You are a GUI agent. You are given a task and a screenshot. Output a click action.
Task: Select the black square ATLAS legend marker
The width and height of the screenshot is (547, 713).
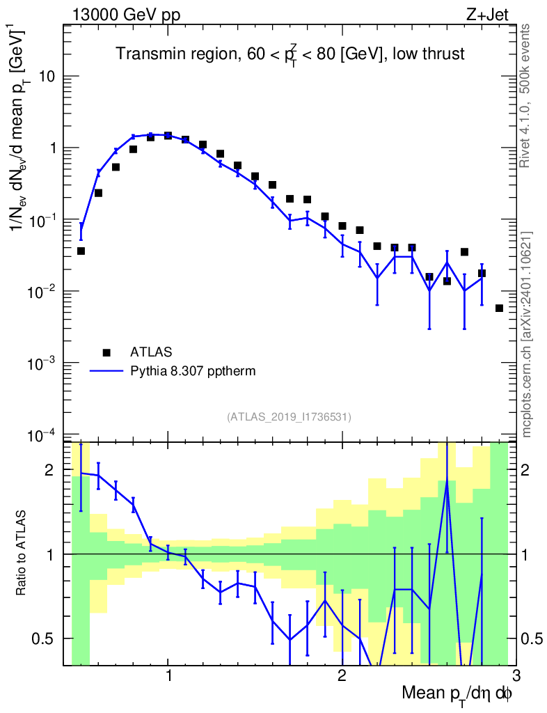click(x=106, y=352)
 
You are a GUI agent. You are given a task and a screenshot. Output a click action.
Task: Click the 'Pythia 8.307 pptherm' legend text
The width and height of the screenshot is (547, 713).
click(x=193, y=371)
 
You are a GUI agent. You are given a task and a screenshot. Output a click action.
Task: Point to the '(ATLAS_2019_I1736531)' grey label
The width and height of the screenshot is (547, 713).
click(x=289, y=417)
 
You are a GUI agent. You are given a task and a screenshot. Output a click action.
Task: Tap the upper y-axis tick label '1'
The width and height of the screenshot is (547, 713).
click(x=51, y=148)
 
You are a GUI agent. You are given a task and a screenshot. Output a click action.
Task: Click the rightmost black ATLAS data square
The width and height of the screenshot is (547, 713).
click(x=499, y=308)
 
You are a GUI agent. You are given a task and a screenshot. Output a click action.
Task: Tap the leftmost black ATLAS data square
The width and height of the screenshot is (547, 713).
click(x=81, y=251)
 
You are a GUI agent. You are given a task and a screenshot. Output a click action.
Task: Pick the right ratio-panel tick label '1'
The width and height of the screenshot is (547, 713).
click(x=528, y=554)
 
